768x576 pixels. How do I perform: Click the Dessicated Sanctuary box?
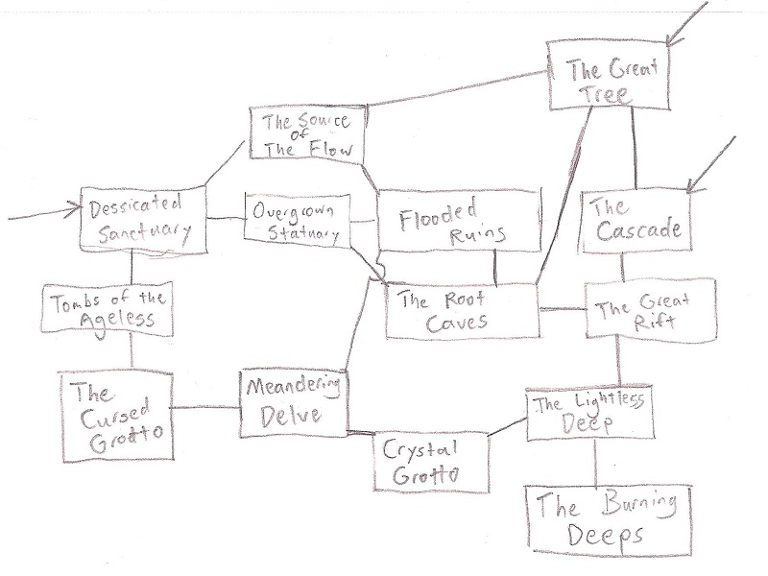click(x=144, y=218)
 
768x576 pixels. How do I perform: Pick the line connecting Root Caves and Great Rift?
click(x=562, y=309)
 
